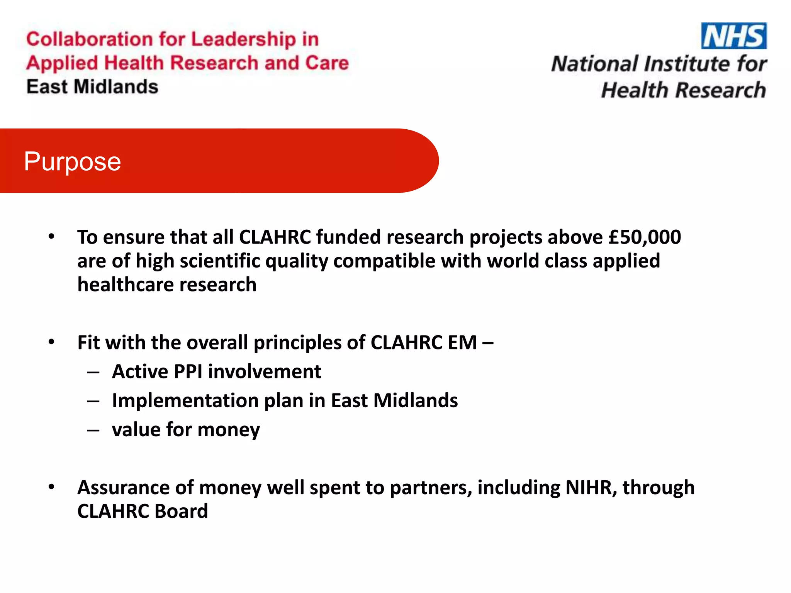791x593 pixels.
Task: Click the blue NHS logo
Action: (x=733, y=36)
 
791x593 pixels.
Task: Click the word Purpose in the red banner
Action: (x=72, y=161)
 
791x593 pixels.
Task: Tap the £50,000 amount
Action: (x=644, y=237)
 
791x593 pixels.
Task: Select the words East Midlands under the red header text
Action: (x=92, y=87)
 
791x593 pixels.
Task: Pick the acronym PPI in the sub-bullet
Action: (x=188, y=372)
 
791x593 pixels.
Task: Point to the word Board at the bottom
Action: (x=181, y=512)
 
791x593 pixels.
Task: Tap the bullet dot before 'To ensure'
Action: (x=51, y=236)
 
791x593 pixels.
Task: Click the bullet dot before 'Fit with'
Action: (x=51, y=342)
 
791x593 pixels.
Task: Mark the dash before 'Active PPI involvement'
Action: (x=93, y=373)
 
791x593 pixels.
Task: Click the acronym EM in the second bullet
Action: (x=462, y=342)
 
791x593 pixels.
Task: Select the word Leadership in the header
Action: (x=243, y=39)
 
